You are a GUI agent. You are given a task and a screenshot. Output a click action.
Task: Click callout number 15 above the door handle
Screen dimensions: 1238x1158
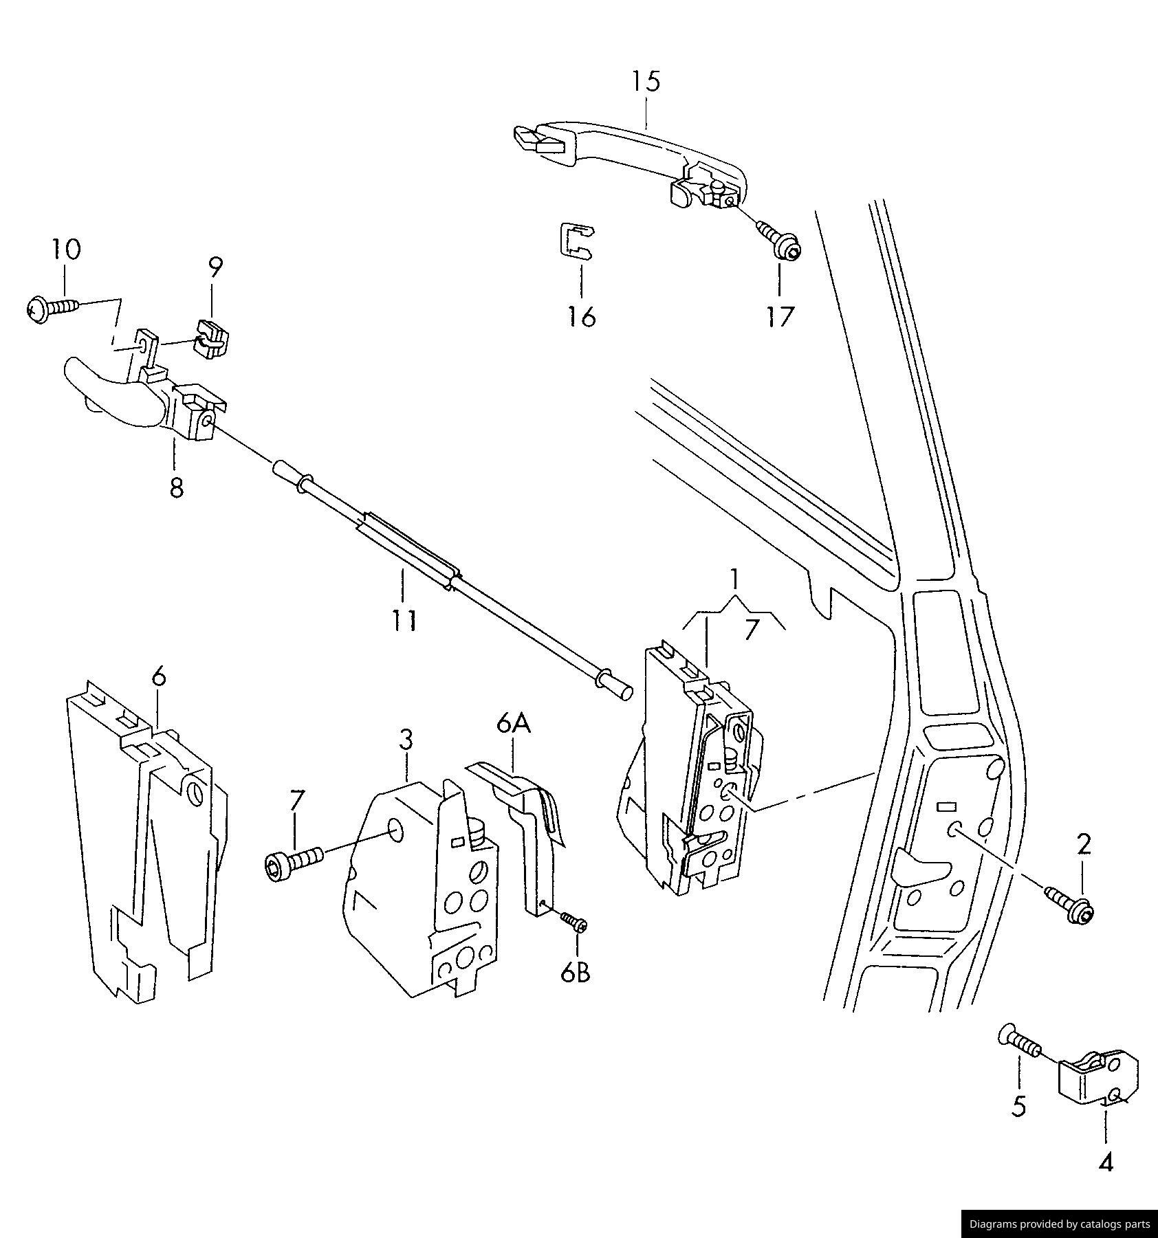(646, 81)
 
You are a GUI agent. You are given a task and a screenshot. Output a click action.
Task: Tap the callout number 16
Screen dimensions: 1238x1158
(581, 317)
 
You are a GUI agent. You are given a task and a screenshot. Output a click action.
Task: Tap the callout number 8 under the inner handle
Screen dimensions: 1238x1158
(176, 488)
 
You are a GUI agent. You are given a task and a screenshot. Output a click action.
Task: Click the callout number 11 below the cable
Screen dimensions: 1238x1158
(404, 621)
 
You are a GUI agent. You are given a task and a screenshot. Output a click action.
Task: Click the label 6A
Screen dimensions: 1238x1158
(514, 723)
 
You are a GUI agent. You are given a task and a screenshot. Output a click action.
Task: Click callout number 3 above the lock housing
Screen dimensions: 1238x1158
(406, 740)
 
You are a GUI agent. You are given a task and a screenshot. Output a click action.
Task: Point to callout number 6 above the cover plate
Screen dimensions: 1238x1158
(158, 677)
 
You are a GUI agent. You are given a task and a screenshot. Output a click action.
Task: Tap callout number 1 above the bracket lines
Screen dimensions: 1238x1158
(735, 579)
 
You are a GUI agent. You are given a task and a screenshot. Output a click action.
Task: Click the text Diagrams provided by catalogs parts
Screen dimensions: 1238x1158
(1059, 1224)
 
